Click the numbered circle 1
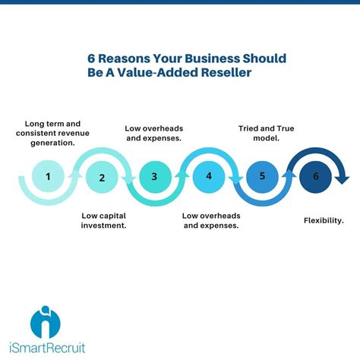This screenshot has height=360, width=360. (x=48, y=177)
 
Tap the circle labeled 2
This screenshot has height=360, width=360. (x=101, y=178)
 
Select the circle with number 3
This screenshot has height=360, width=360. (x=154, y=178)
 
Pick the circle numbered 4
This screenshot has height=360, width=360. (x=208, y=178)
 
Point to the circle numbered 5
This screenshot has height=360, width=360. (x=262, y=178)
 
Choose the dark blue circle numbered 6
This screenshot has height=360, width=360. (x=314, y=178)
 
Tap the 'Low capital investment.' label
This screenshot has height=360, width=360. (x=104, y=220)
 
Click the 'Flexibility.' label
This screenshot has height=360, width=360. (x=322, y=220)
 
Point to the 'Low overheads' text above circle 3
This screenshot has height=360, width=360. (x=154, y=128)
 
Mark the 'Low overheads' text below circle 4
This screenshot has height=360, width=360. (x=211, y=215)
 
